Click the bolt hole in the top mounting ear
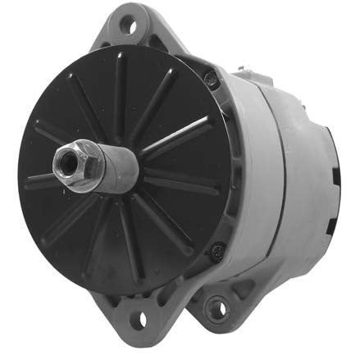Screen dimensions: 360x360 pyautogui.click(x=128, y=22)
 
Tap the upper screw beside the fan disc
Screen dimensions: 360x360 pyautogui.click(x=211, y=78)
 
